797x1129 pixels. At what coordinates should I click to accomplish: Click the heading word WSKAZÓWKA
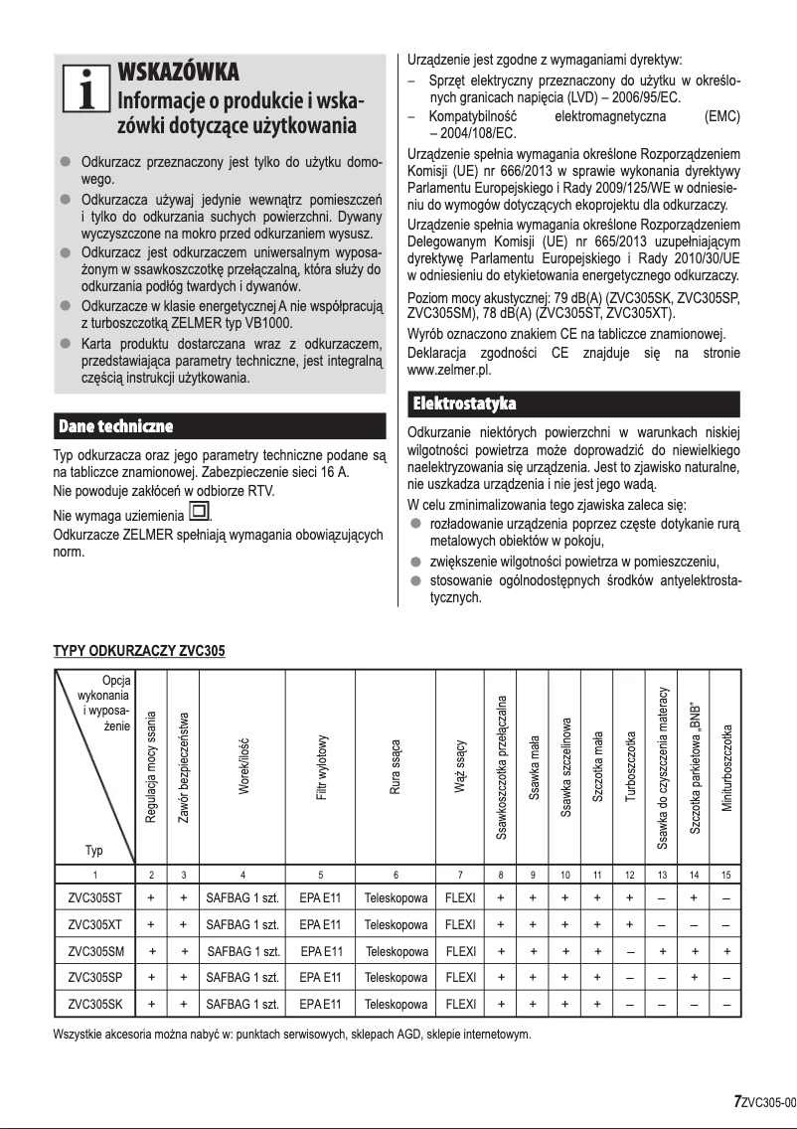click(178, 74)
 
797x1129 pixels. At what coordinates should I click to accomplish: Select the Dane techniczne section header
click(117, 426)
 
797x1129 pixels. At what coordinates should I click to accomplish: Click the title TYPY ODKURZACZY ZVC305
click(139, 652)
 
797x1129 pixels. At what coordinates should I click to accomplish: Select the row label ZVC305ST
click(95, 896)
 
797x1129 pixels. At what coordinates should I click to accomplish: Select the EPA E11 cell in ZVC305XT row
click(320, 924)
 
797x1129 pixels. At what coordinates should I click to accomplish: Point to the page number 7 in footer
click(737, 1101)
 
